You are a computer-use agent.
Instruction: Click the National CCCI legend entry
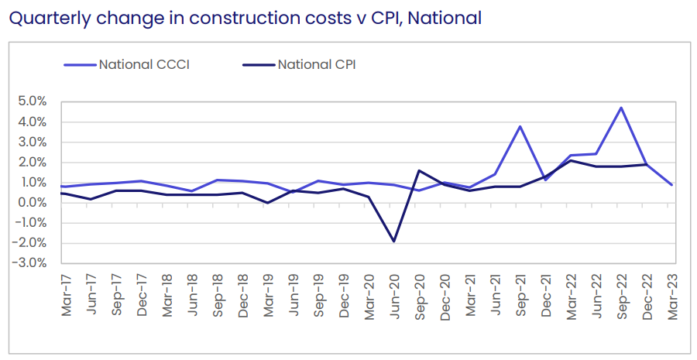click(x=144, y=64)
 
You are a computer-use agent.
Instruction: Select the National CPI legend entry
click(x=317, y=64)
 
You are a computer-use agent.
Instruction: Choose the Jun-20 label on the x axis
click(x=394, y=295)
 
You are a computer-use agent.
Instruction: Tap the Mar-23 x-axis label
click(x=671, y=295)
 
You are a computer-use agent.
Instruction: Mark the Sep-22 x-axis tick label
click(x=621, y=295)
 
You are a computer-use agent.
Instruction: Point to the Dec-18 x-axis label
click(x=243, y=295)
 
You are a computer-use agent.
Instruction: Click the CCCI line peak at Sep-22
click(x=621, y=108)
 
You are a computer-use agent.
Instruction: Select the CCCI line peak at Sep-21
click(x=520, y=126)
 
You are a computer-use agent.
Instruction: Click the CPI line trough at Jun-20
click(x=394, y=242)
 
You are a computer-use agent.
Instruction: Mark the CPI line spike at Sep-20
click(x=419, y=170)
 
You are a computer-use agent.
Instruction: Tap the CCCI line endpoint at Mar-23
click(x=671, y=184)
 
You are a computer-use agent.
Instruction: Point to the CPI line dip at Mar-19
click(x=268, y=203)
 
